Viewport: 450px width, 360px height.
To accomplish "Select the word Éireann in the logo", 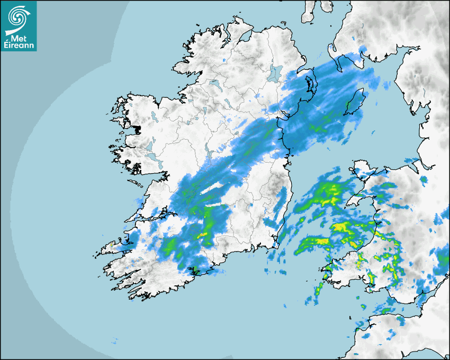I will (x=19, y=46).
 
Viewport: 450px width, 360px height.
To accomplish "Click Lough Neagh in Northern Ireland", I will (x=275, y=73).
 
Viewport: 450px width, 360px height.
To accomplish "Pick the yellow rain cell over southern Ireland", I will (x=203, y=233).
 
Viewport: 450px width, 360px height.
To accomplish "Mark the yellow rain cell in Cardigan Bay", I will (x=341, y=228).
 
